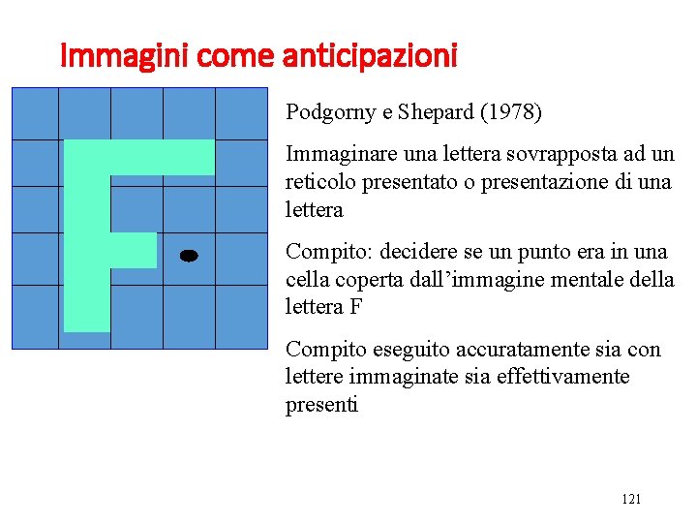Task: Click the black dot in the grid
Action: point(189,256)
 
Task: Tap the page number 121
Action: point(630,499)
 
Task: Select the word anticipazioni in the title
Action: point(370,57)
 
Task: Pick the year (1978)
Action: point(511,113)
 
